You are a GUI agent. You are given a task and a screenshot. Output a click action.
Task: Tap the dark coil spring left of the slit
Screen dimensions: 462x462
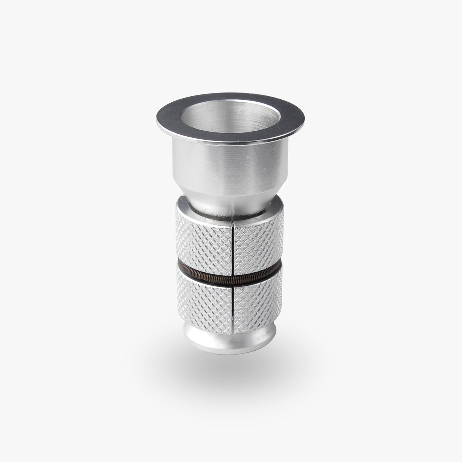(x=204, y=271)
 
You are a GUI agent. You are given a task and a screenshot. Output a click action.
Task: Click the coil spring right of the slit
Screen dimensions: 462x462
(x=258, y=271)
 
